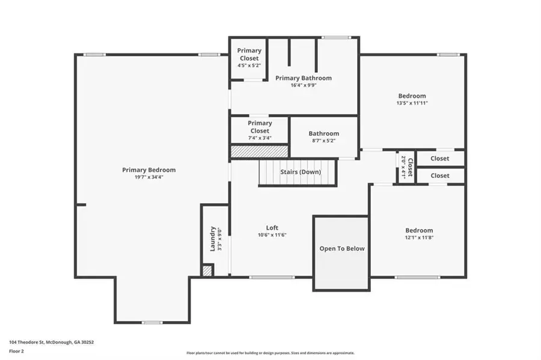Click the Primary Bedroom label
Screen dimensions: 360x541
pyautogui.click(x=148, y=170)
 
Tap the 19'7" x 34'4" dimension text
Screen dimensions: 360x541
pyautogui.click(x=148, y=177)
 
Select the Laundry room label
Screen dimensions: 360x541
pyautogui.click(x=212, y=239)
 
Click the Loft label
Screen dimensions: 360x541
pyautogui.click(x=272, y=228)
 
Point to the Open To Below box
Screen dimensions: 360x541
pyautogui.click(x=341, y=248)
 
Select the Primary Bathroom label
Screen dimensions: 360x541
pyautogui.click(x=303, y=78)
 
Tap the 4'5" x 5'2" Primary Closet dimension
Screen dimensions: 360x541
pyautogui.click(x=249, y=66)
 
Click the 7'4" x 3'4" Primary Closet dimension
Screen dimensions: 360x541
pyautogui.click(x=260, y=138)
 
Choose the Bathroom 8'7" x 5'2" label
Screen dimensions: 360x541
pyautogui.click(x=324, y=133)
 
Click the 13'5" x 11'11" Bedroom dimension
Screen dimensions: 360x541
pyautogui.click(x=412, y=103)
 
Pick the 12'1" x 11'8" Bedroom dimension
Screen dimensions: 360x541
pyautogui.click(x=418, y=237)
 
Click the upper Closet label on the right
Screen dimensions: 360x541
pyautogui.click(x=439, y=159)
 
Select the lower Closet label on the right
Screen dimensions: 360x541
pyautogui.click(x=439, y=175)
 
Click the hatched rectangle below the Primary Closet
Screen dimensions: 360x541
pyautogui.click(x=260, y=151)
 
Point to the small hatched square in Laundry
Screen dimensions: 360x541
pyautogui.click(x=207, y=270)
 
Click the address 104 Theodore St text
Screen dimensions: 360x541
pyautogui.click(x=51, y=342)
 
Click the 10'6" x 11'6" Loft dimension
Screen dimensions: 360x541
pyautogui.click(x=272, y=235)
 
